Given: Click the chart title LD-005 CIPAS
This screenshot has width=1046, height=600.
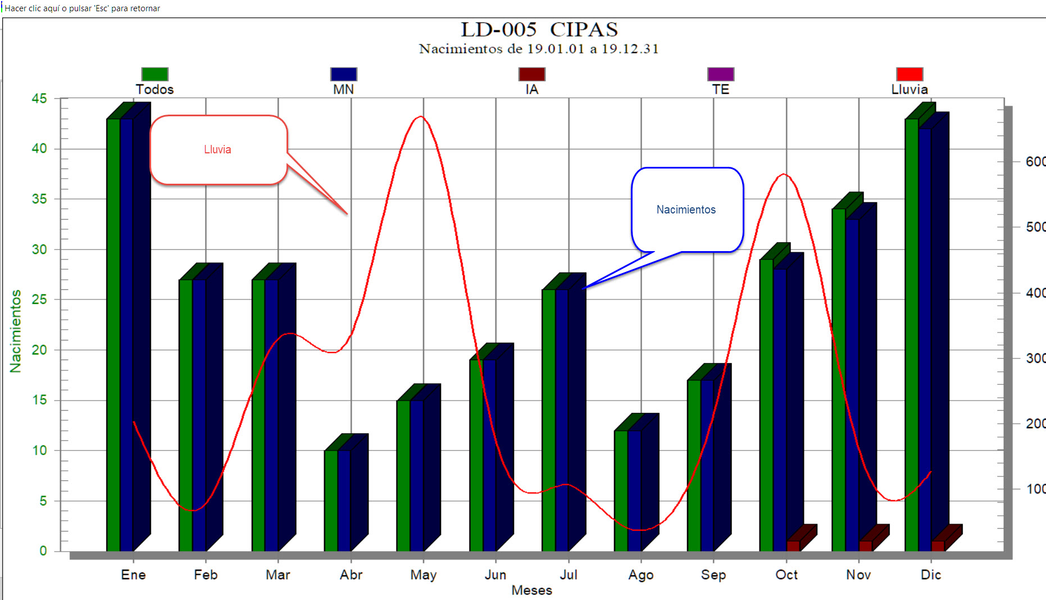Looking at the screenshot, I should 539,29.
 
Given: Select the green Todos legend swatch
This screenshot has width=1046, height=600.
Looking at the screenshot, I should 154,74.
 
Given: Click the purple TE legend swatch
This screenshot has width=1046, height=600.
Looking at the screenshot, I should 720,74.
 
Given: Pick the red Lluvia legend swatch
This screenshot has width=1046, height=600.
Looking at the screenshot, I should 909,74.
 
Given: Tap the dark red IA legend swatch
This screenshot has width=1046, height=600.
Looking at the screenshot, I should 531,74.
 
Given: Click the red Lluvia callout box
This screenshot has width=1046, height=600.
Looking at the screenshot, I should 219,149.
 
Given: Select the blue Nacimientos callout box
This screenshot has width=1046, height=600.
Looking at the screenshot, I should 686,210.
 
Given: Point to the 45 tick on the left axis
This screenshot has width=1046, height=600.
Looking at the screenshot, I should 39,99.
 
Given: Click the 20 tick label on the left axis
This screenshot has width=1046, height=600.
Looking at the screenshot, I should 39,350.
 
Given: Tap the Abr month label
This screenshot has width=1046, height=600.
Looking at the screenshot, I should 351,575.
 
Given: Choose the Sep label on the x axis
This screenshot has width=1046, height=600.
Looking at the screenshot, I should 713,575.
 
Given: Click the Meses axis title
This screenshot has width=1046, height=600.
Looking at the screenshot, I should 531,590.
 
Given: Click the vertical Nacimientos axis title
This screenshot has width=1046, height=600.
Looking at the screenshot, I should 16,331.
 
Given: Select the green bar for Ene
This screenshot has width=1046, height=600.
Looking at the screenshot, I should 113,337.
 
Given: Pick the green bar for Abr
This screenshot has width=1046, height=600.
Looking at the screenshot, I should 331,500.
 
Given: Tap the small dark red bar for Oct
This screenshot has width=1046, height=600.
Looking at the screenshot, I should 793,546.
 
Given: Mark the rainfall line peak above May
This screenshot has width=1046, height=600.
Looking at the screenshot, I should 421,117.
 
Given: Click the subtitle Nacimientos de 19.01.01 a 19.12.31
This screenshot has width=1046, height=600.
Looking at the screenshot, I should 538,49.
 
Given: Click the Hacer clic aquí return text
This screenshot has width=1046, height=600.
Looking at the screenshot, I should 83,8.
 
